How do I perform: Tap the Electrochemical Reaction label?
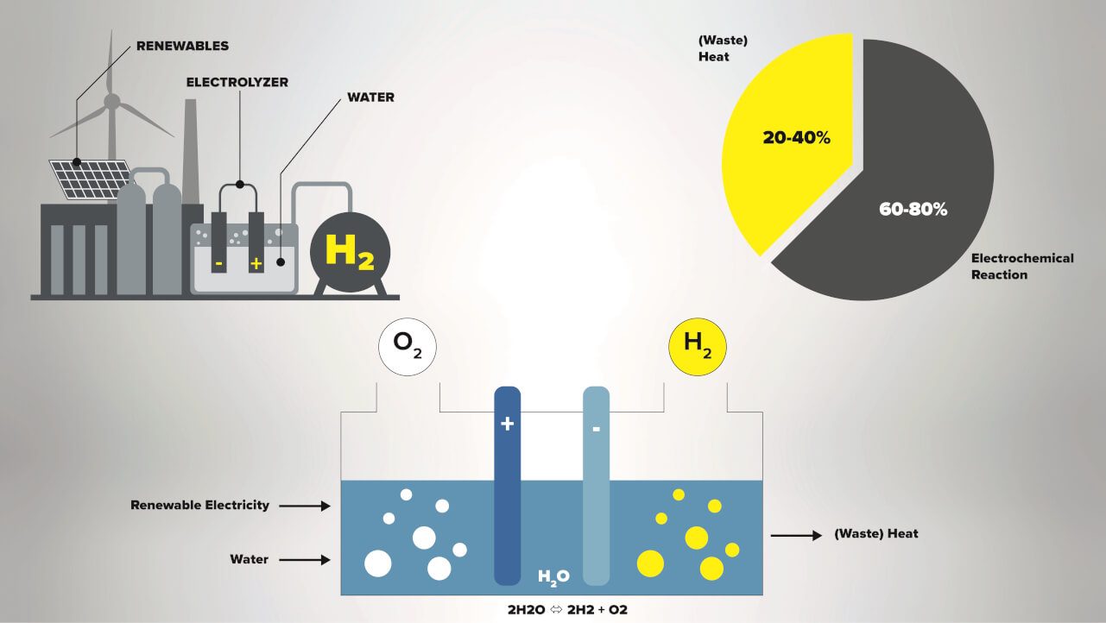(x=1022, y=266)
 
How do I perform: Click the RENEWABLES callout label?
(x=182, y=45)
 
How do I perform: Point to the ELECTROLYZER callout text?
(x=237, y=82)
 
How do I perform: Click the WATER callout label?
(x=370, y=98)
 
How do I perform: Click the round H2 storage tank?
(x=350, y=251)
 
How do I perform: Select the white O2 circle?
(x=408, y=349)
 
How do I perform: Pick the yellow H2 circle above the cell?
(x=698, y=349)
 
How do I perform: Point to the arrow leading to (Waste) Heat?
(x=795, y=536)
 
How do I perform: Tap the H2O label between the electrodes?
(x=553, y=576)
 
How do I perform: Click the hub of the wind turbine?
(x=111, y=101)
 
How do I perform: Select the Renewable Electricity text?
(x=199, y=505)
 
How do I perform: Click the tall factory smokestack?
(x=190, y=138)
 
